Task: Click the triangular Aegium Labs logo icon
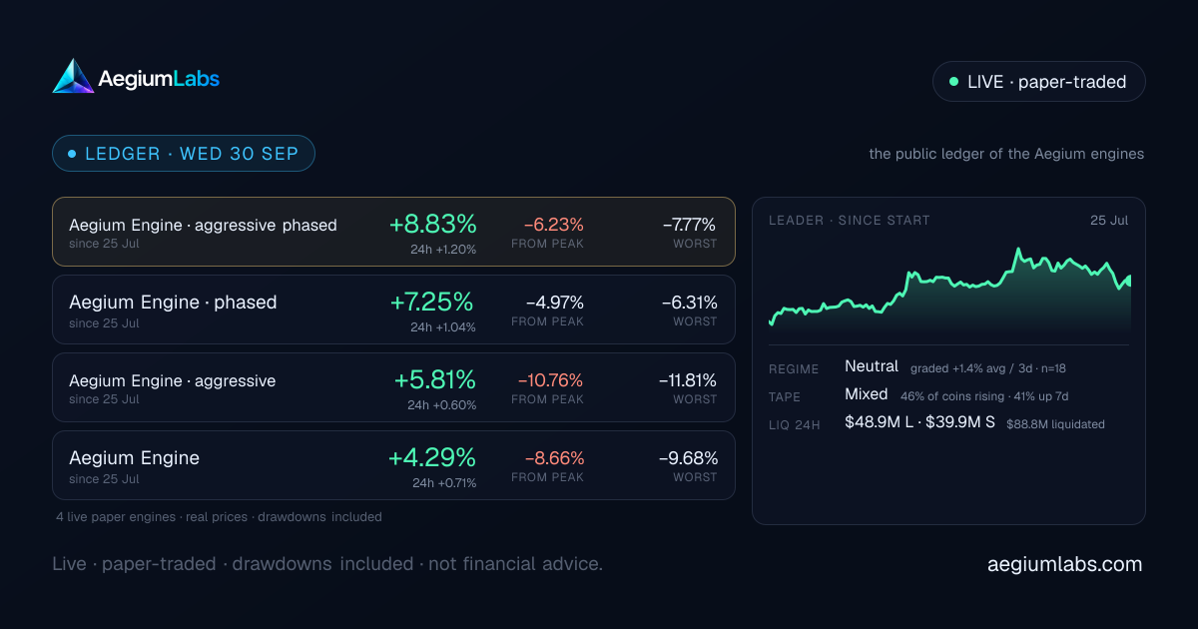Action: (73, 77)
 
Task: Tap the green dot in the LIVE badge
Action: (953, 81)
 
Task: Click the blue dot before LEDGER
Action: (72, 154)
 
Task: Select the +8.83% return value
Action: (432, 224)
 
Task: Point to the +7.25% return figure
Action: (432, 302)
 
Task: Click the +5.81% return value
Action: (435, 379)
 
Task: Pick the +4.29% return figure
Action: (432, 458)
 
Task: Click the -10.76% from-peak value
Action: (550, 380)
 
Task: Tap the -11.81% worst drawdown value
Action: (688, 380)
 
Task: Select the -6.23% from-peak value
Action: (553, 224)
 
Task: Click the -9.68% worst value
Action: (688, 458)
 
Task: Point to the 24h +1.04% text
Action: (443, 327)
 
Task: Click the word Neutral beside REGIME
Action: (872, 366)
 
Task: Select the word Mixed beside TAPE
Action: (866, 394)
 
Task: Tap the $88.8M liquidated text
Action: (1055, 424)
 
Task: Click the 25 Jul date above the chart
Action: (1109, 221)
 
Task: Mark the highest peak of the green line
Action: (1018, 249)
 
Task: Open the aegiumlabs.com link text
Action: (1064, 564)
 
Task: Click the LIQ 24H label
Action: (795, 425)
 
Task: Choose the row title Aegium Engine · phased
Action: (173, 303)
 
